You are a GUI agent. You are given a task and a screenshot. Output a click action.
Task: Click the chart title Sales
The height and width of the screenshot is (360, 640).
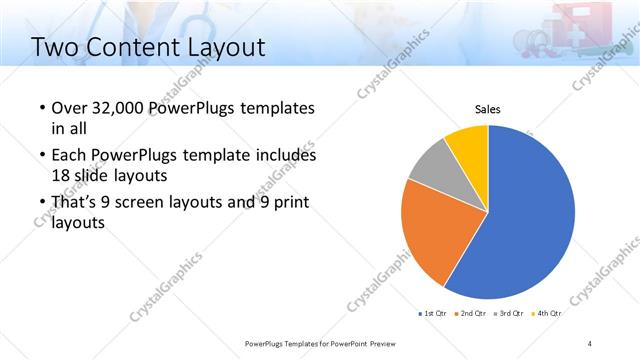click(x=487, y=109)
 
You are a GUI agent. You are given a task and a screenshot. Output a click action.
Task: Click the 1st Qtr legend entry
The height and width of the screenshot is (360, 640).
click(x=432, y=314)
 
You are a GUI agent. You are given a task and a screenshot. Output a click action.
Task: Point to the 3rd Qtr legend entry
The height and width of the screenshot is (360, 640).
click(x=509, y=314)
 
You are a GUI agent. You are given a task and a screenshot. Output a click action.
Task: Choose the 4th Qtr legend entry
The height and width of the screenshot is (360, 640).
click(x=547, y=314)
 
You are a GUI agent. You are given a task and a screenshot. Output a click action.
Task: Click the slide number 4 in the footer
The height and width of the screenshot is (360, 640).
click(x=590, y=343)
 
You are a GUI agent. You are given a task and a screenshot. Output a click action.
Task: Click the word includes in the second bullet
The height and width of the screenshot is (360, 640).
click(x=282, y=156)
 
